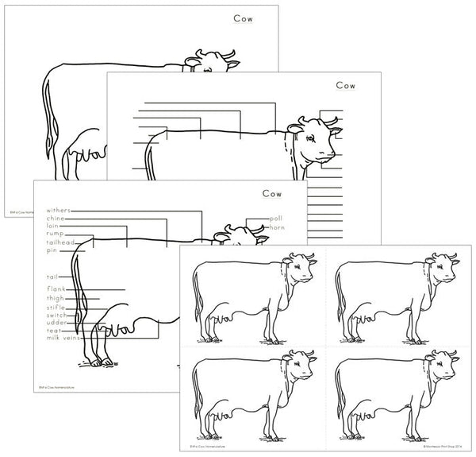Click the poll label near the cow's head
point(275,218)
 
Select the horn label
point(277,228)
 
